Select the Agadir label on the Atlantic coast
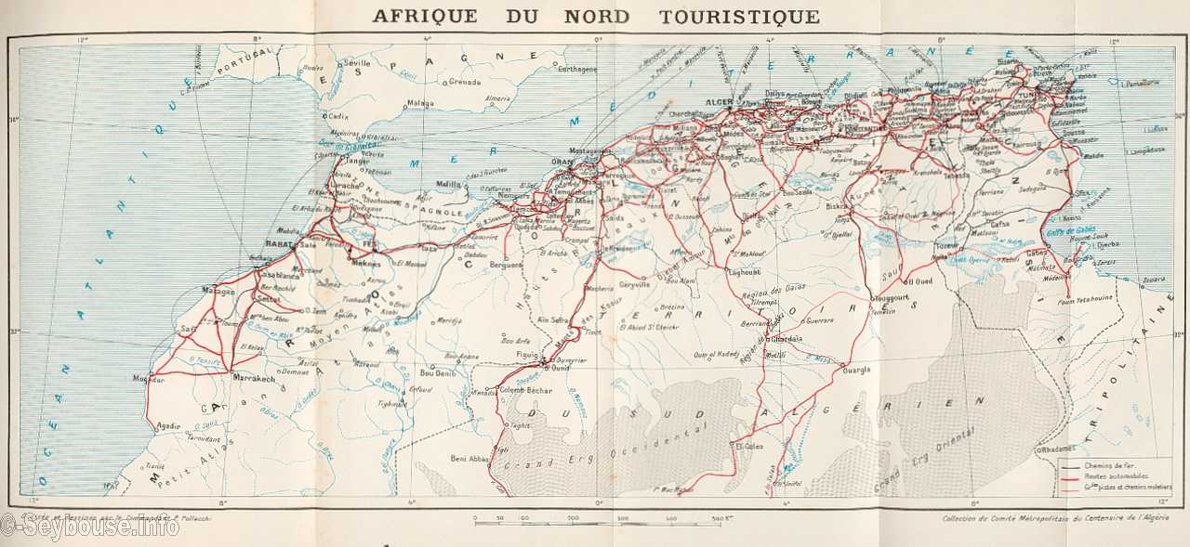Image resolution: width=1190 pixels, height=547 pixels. (168, 426)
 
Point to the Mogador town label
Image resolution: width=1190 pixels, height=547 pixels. (149, 379)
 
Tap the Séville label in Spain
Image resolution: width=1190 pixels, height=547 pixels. (356, 62)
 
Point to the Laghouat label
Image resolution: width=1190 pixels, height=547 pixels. (746, 272)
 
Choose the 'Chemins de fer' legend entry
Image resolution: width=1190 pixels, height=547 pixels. (1106, 464)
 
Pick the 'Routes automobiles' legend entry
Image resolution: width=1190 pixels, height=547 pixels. (1111, 475)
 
